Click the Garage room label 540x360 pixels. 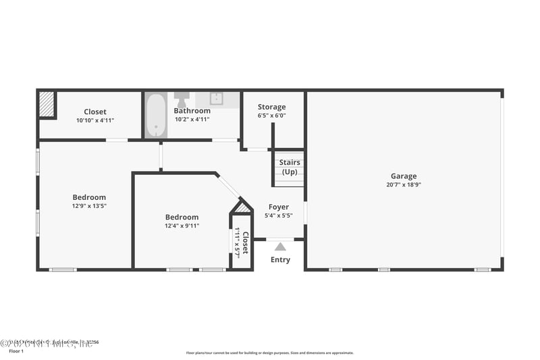click(x=404, y=176)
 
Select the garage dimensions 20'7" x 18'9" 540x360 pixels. click(x=404, y=184)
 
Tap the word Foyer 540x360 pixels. click(x=279, y=207)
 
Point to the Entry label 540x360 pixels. click(x=280, y=260)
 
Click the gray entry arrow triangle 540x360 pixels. click(x=280, y=247)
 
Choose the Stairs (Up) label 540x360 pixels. click(x=290, y=167)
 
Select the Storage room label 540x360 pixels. click(x=271, y=107)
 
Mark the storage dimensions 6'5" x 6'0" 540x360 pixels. click(x=271, y=115)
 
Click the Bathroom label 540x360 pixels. click(x=192, y=111)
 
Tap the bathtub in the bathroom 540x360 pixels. click(x=156, y=115)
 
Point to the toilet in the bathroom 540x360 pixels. click(x=182, y=99)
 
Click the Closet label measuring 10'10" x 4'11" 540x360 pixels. click(x=94, y=112)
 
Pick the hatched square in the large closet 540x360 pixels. click(x=46, y=105)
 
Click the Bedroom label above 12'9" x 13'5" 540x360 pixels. click(x=89, y=197)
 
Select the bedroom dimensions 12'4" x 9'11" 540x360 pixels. click(x=182, y=226)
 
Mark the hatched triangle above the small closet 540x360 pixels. click(x=242, y=207)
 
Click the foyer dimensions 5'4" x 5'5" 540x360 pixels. click(x=279, y=215)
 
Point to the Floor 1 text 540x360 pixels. click(x=16, y=352)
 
